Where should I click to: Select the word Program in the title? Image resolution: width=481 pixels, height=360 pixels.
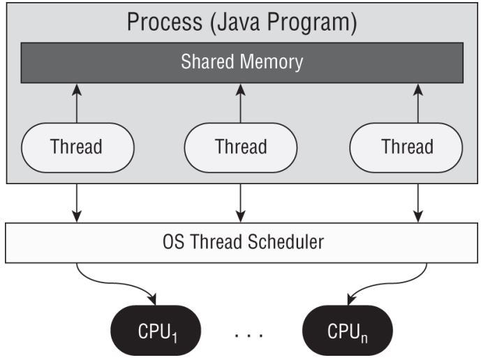tap(311, 22)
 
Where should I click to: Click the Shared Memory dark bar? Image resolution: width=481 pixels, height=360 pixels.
tap(241, 62)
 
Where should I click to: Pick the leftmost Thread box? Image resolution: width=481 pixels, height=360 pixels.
tap(76, 147)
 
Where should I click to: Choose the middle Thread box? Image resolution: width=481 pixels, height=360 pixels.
tap(241, 147)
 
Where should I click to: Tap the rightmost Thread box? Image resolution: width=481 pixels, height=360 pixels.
tap(407, 147)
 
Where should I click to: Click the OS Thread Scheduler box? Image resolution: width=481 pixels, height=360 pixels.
tap(241, 243)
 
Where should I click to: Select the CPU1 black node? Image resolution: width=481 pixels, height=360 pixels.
tap(156, 329)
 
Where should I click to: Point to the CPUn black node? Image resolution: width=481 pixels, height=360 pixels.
tap(347, 329)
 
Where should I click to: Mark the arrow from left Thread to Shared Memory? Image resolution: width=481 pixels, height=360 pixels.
tap(76, 103)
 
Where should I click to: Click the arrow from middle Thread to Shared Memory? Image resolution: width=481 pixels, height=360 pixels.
tap(241, 103)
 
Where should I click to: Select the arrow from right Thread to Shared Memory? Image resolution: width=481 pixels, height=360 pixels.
tap(417, 103)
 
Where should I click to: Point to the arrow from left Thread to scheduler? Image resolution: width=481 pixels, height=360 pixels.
tap(76, 202)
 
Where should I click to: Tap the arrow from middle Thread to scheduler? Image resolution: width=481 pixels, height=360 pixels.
tap(241, 202)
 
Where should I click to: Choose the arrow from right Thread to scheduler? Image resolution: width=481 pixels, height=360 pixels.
tap(417, 202)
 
